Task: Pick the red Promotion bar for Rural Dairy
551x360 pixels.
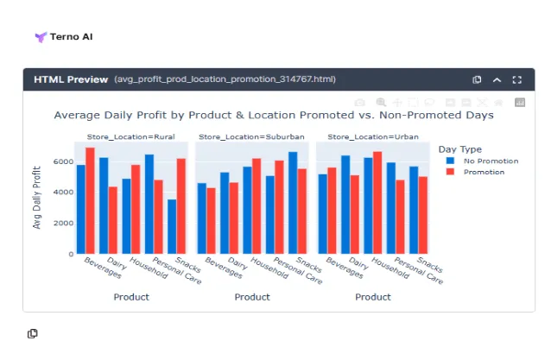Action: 113,220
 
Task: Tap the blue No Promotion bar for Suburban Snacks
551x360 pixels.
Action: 293,203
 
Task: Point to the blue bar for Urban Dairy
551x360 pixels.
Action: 345,205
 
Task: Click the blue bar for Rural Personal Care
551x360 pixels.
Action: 149,204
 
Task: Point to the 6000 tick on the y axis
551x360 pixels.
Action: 63,161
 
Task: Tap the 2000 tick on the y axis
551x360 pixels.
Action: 63,223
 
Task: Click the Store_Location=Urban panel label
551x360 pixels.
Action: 361,136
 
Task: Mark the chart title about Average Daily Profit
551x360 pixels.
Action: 273,115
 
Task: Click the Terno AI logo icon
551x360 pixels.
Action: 40,38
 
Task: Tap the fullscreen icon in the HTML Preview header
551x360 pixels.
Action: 517,79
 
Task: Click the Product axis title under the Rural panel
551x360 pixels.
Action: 131,297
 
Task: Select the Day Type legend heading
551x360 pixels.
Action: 459,148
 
